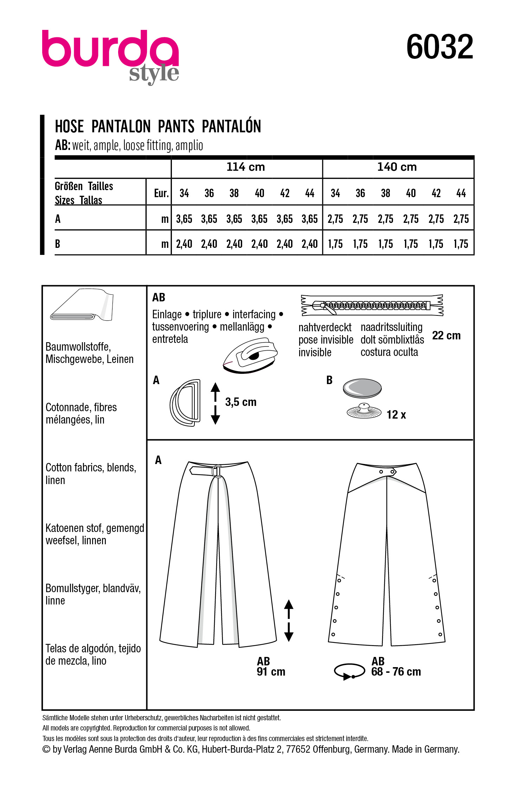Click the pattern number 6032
439,47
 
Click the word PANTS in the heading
176,126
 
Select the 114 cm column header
245,167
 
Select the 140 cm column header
397,167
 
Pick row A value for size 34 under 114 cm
184,219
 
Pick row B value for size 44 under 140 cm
461,244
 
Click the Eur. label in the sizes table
161,193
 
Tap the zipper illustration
372,305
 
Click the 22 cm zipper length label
446,336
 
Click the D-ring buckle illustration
185,403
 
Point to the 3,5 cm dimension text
241,402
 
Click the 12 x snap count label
396,415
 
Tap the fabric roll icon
82,305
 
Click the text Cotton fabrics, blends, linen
90,474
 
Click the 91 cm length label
271,672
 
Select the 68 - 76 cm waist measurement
396,672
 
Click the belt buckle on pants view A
217,471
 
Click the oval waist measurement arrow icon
349,671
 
